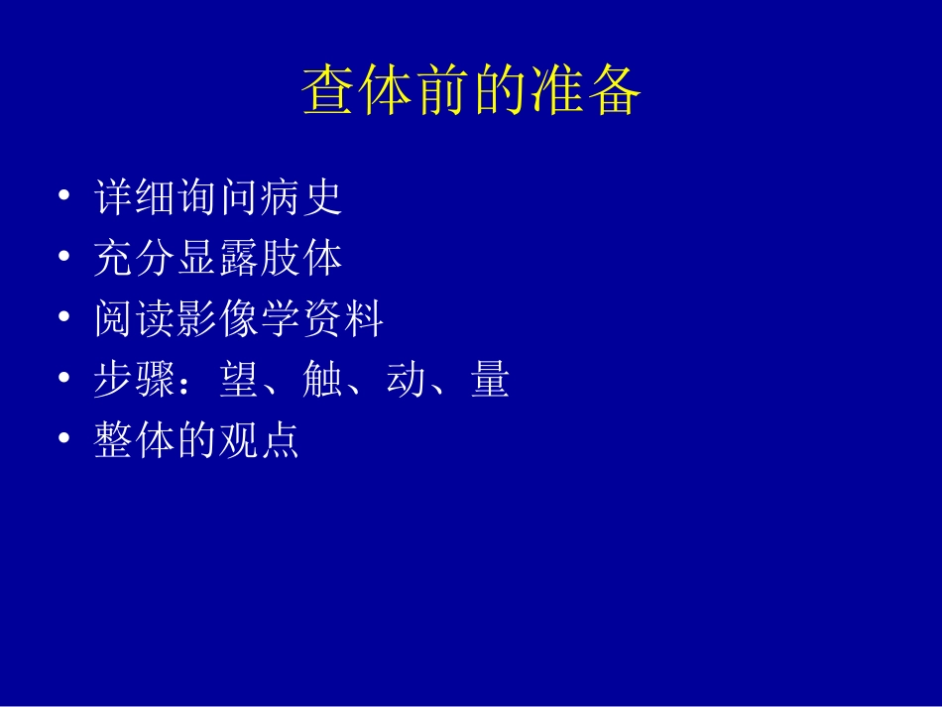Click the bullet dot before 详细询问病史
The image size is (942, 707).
[x=64, y=196]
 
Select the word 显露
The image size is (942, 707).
[x=218, y=259]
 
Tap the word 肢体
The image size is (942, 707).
[x=301, y=259]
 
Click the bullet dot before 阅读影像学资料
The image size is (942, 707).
[x=64, y=318]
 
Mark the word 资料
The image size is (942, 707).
[x=343, y=320]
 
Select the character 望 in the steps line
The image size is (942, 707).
[x=239, y=381]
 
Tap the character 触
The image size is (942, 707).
[x=322, y=381]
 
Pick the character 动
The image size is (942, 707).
[x=406, y=381]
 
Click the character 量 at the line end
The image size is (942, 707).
[x=490, y=381]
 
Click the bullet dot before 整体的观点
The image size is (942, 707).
[x=64, y=439]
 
